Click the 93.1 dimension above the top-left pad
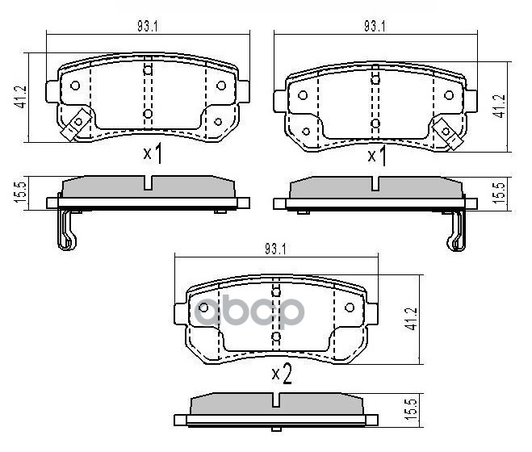(147, 27)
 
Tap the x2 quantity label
(280, 374)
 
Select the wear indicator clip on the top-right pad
(446, 128)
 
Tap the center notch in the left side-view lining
(147, 183)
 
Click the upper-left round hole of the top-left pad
(75, 86)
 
